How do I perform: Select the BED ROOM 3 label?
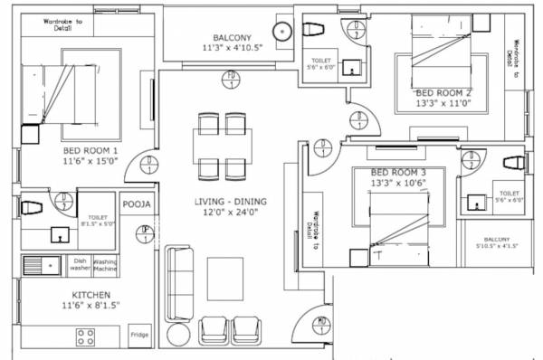click(x=399, y=172)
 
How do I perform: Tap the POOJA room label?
click(x=136, y=204)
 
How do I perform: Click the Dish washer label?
click(x=80, y=265)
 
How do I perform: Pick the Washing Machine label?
click(x=104, y=265)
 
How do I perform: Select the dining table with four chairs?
click(x=220, y=145)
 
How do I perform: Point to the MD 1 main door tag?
click(x=321, y=322)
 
